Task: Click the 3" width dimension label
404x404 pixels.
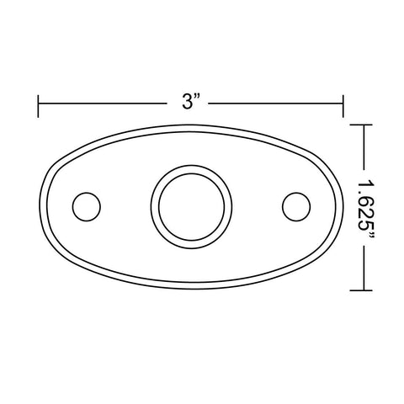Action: click(191, 101)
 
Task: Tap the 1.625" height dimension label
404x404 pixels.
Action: click(366, 208)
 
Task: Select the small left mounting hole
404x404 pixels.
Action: click(87, 206)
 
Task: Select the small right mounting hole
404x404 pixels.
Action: click(296, 206)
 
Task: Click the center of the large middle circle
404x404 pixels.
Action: click(191, 207)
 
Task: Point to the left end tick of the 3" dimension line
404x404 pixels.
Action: click(38, 106)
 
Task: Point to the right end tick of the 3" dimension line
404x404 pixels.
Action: click(343, 106)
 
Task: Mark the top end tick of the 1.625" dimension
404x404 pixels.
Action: click(361, 125)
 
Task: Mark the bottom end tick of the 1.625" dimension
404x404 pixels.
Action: click(361, 290)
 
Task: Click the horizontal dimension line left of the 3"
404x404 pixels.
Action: click(103, 104)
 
